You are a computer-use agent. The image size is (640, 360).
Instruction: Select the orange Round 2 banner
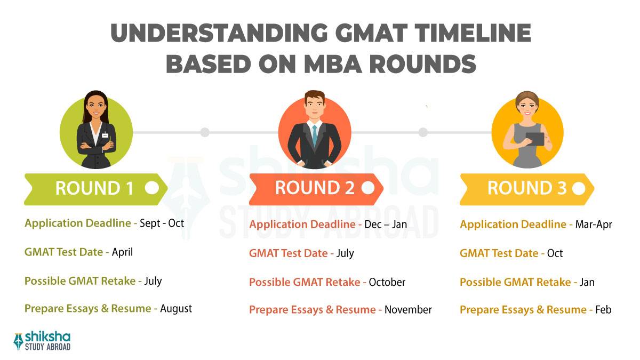coord(315,188)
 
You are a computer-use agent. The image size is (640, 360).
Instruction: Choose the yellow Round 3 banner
coord(525,188)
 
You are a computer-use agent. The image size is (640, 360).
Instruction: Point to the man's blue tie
coord(315,135)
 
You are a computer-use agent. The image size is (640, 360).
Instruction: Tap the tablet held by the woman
coord(535,139)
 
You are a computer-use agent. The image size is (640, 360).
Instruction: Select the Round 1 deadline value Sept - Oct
coord(162,223)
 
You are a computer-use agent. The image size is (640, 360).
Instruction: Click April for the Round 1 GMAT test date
coord(122,252)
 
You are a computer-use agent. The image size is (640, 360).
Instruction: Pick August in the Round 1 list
coord(176,308)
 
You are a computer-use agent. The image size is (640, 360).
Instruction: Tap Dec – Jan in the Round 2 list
coord(386,225)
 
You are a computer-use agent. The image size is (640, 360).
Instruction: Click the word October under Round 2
coord(387,282)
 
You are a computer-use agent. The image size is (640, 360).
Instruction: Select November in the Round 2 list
coord(408,310)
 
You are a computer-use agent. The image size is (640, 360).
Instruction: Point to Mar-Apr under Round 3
coord(593,225)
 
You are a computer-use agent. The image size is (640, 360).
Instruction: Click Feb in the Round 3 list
coord(604,310)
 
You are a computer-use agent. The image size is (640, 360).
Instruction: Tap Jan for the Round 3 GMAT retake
coord(587,282)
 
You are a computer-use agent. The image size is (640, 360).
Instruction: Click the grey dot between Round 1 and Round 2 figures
coord(205,132)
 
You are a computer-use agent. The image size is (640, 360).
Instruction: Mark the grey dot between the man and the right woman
coord(423,132)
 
